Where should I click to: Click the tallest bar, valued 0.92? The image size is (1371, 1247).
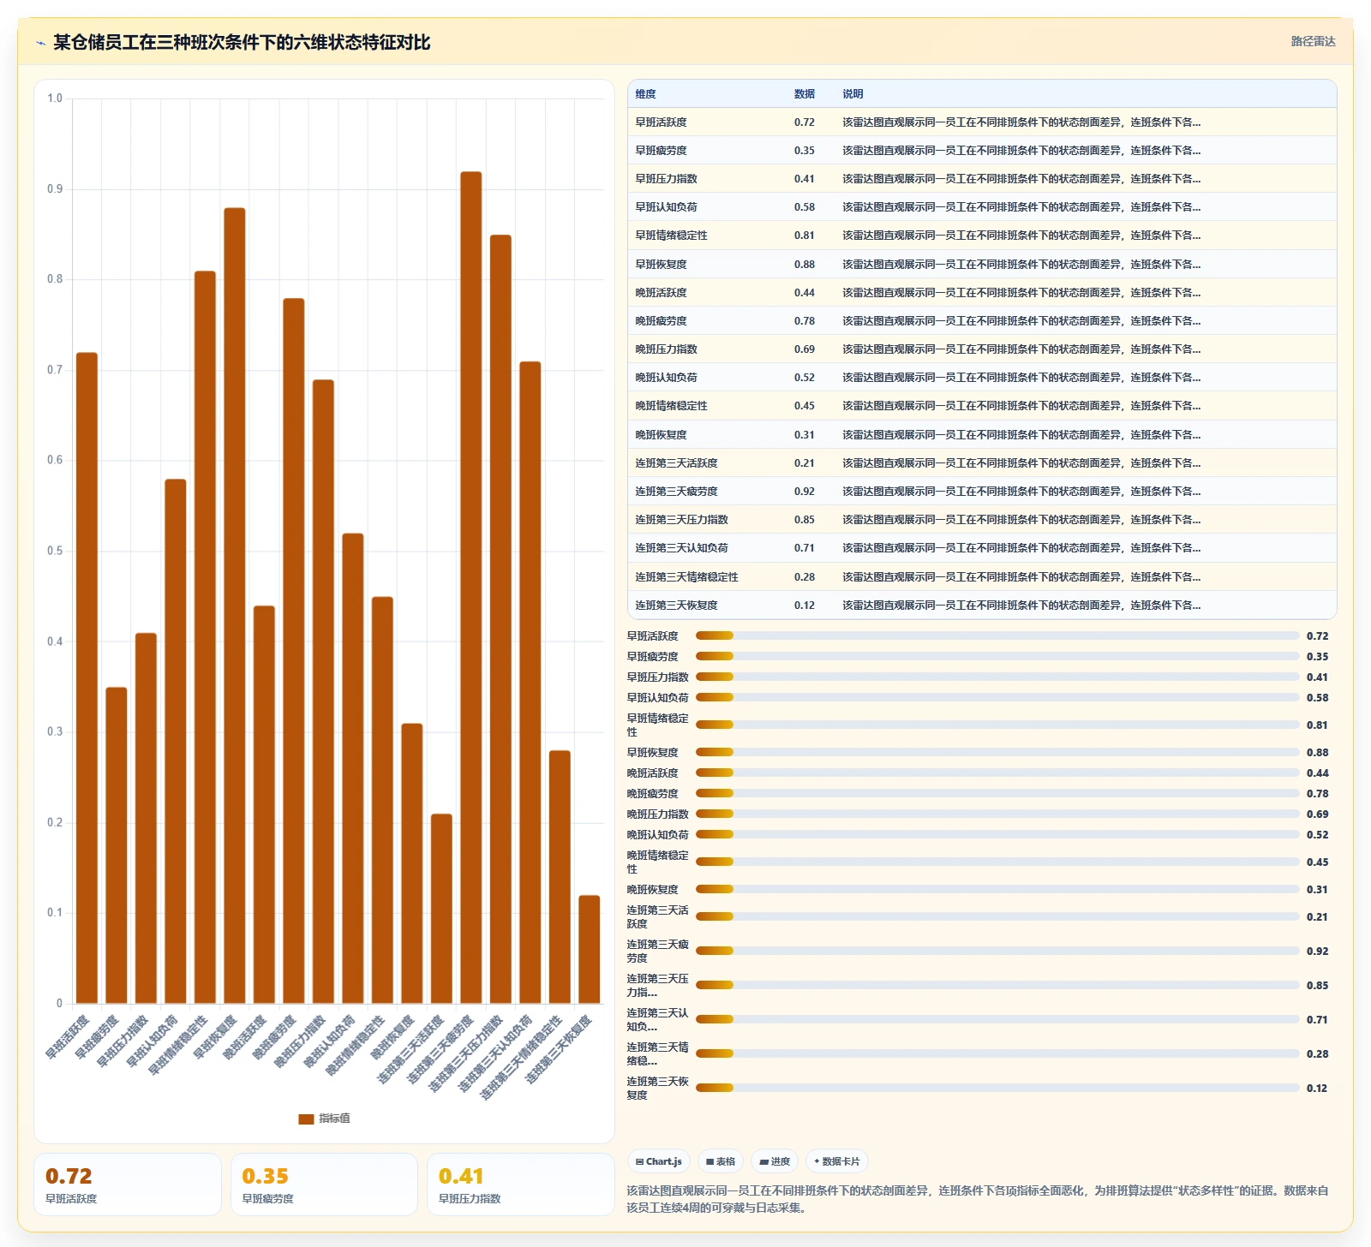click(471, 588)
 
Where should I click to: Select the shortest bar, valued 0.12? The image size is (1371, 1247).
click(590, 949)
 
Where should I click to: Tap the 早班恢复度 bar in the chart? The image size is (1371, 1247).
click(235, 606)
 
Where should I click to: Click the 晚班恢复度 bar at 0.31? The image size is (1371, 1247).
click(412, 863)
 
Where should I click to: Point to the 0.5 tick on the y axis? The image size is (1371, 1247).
click(55, 551)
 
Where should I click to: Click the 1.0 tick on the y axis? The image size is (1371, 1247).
click(55, 98)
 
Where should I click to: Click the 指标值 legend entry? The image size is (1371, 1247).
click(324, 1119)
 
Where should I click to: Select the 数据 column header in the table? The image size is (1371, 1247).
click(804, 94)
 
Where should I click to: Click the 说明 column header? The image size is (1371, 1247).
click(853, 94)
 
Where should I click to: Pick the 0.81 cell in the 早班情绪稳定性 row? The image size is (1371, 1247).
click(804, 236)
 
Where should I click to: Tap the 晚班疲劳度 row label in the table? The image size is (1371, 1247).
click(661, 321)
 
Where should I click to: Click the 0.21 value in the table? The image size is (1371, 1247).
click(804, 463)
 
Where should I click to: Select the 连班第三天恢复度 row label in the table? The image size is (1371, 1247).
click(676, 606)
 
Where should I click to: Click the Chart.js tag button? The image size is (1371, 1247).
click(659, 1161)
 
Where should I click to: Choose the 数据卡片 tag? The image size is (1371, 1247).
click(836, 1161)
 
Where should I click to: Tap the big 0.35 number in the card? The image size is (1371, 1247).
click(265, 1176)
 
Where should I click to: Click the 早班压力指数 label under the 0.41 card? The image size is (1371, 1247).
click(470, 1199)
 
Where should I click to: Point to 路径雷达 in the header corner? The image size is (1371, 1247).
click(1314, 41)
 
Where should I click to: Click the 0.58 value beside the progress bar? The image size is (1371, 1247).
click(1317, 698)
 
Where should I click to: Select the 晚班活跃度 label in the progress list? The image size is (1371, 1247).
click(652, 773)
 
